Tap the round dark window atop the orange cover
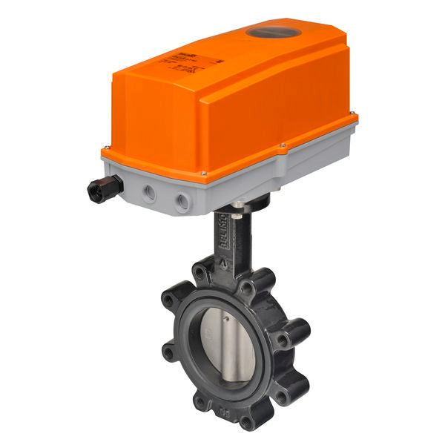[268, 32]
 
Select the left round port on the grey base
[151, 193]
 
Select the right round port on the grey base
[182, 200]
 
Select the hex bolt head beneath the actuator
[236, 205]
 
